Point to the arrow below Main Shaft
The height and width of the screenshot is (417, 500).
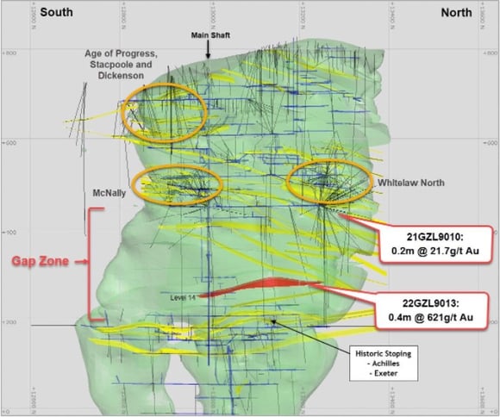point(208,50)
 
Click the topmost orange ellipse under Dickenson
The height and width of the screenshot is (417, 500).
point(165,109)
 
